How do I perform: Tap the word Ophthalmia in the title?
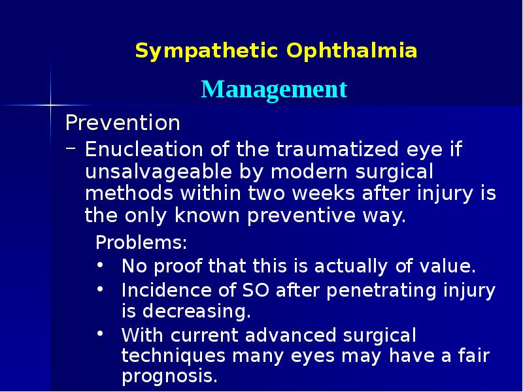pyautogui.click(x=352, y=51)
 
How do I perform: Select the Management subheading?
pyautogui.click(x=274, y=89)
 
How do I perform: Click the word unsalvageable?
pyautogui.click(x=146, y=172)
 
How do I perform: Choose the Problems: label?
pyautogui.click(x=141, y=243)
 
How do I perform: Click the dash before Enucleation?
pyautogui.click(x=70, y=150)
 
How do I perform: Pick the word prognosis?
pyautogui.click(x=169, y=377)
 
